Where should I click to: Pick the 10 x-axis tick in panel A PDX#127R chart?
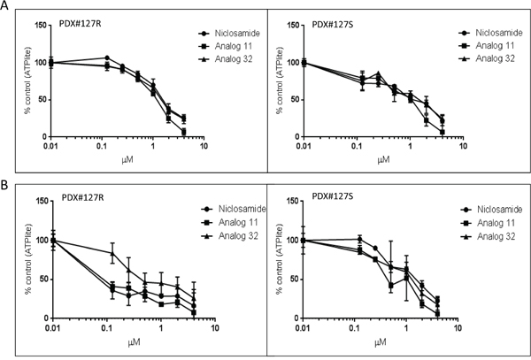click(x=204, y=146)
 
